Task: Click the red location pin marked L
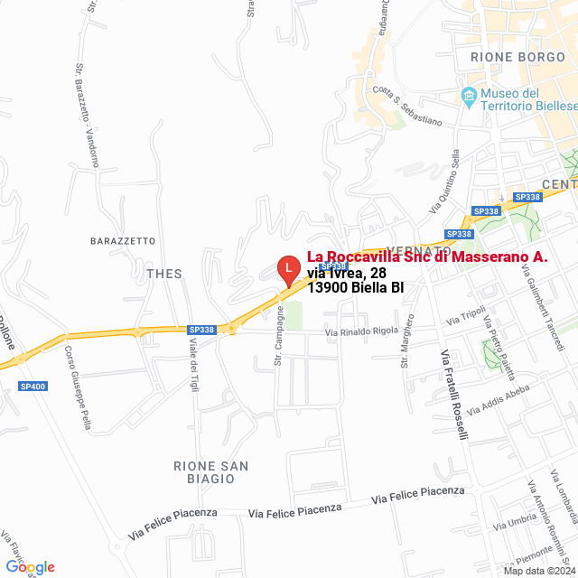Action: tap(287, 269)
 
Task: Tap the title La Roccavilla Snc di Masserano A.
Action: tap(427, 256)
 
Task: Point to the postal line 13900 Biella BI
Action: tap(355, 288)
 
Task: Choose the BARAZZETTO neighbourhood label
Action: tap(123, 241)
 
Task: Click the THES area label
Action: tap(164, 274)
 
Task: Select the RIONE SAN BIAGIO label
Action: tap(211, 471)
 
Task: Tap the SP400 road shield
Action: tap(33, 387)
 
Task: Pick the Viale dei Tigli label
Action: tap(192, 359)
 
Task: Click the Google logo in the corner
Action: tap(30, 567)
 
